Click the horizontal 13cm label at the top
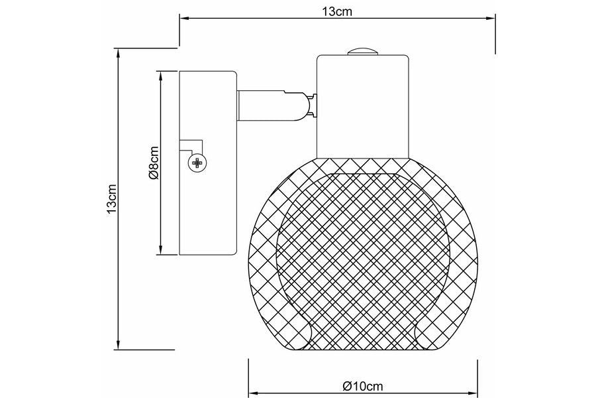337,12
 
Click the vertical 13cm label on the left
112,199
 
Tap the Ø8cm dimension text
154,163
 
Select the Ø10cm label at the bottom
363,387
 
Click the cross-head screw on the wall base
197,163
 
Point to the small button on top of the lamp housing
362,52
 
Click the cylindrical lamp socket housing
363,107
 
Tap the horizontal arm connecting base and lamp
271,105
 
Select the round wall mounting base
209,163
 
